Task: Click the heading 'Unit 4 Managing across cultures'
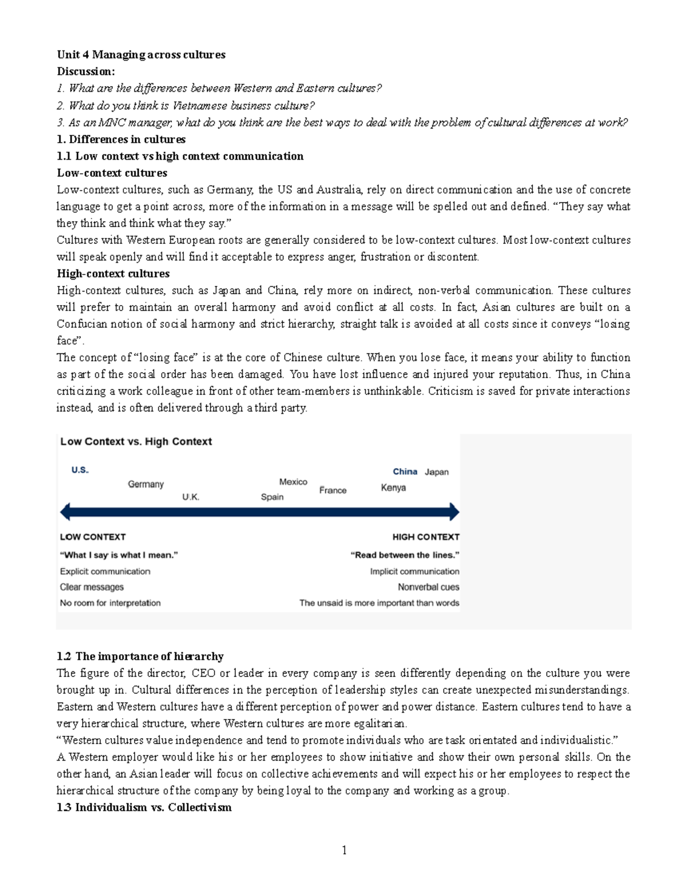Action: click(x=141, y=55)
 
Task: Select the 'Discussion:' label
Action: click(x=85, y=71)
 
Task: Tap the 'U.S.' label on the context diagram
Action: click(x=80, y=470)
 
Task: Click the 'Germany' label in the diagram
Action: click(x=145, y=484)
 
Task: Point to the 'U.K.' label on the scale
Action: click(x=191, y=497)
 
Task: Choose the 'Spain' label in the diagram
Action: click(x=272, y=497)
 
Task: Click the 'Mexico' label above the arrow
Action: click(x=293, y=482)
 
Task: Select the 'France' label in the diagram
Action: click(x=333, y=490)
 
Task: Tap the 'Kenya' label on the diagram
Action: click(x=393, y=487)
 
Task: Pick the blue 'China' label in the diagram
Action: click(x=405, y=471)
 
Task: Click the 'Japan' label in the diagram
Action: click(x=437, y=471)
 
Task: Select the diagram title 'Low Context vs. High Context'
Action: click(x=136, y=441)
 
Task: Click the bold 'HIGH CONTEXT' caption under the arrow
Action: click(x=426, y=537)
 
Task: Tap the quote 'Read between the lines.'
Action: click(x=405, y=555)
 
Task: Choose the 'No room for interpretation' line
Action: click(x=110, y=603)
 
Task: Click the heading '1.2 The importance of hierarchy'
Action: click(x=140, y=657)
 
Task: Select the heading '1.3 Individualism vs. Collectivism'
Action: click(x=144, y=808)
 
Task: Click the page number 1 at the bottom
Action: click(x=344, y=850)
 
